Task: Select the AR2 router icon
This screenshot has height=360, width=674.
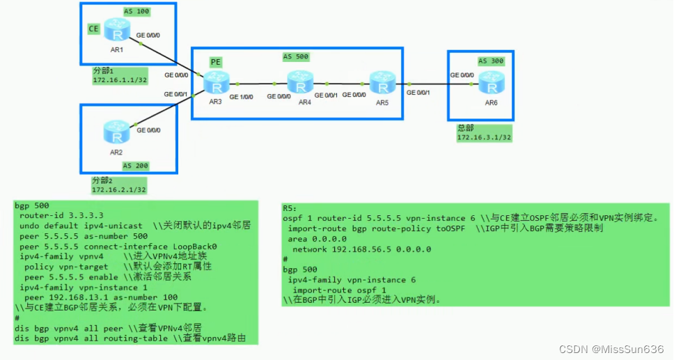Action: click(112, 131)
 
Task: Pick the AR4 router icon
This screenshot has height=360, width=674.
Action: click(300, 85)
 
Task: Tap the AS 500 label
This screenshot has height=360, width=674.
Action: click(296, 56)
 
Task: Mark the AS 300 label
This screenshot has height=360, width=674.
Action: click(492, 61)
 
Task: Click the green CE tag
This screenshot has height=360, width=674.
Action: click(93, 29)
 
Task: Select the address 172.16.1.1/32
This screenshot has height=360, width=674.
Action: click(119, 80)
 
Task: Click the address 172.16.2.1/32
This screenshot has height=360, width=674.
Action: click(118, 189)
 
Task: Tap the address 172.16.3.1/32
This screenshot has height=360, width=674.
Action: click(484, 138)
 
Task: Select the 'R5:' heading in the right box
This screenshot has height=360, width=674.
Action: click(290, 208)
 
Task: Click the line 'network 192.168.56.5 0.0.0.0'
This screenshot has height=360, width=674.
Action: click(361, 249)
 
